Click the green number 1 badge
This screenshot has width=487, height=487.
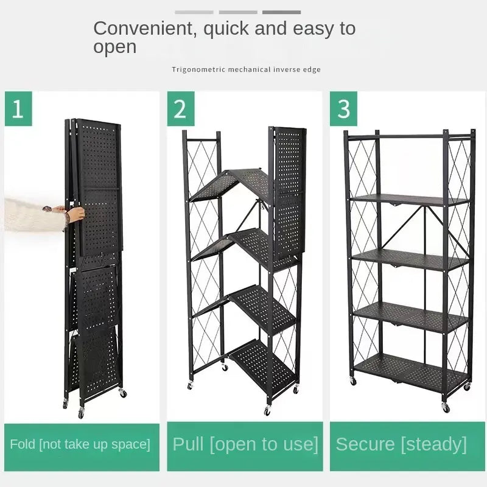coord(18,109)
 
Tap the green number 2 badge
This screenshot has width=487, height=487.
coord(181,109)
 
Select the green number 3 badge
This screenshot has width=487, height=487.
coord(343,109)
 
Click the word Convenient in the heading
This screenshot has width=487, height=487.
coord(145,29)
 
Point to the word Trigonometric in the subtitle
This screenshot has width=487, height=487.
coord(199,69)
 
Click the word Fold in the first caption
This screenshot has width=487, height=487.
coord(23,444)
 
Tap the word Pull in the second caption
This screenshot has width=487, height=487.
coord(188,444)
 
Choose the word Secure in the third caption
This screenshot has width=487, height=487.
coord(365,444)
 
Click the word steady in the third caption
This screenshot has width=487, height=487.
coord(434,445)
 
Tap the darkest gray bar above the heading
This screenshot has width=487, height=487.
coord(281,12)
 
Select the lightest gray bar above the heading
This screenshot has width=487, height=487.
coord(194,12)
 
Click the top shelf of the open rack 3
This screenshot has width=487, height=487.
coord(410,200)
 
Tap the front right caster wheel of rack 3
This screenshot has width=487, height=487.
coord(446,408)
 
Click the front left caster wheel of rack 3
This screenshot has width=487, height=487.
coord(353,381)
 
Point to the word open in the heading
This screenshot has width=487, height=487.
coord(115,47)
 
